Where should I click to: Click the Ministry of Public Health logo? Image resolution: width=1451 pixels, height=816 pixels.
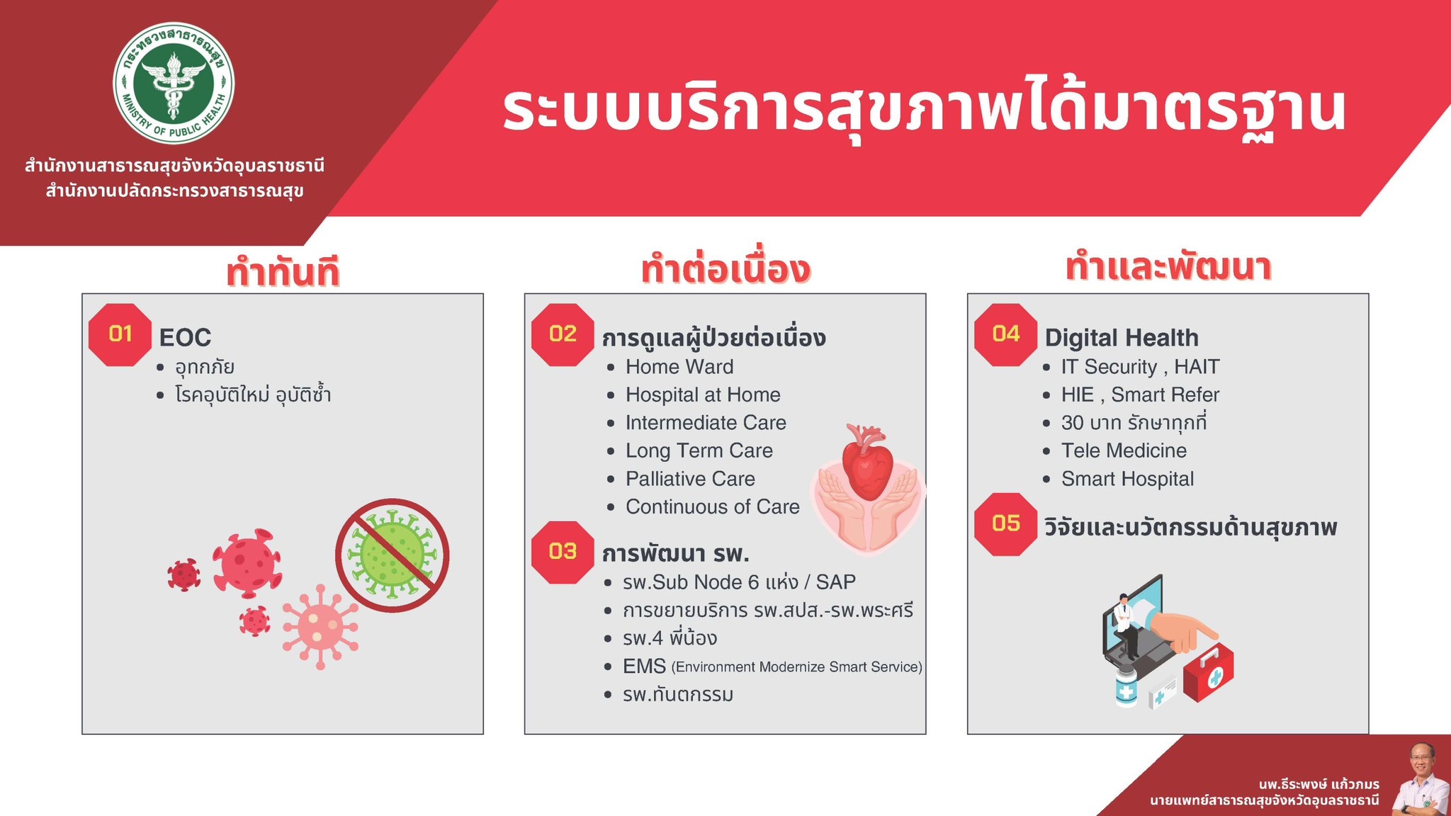[x=174, y=84]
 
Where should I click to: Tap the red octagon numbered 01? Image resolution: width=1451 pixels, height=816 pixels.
[x=120, y=334]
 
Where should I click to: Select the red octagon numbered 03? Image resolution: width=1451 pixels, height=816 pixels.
[x=563, y=552]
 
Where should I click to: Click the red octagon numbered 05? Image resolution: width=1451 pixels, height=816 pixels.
[x=1006, y=524]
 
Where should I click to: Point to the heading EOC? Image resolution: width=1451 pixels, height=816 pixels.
[x=185, y=338]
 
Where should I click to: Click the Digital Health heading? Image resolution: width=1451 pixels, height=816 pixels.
[x=1122, y=338]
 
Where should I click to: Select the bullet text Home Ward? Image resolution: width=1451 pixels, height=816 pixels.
[x=679, y=367]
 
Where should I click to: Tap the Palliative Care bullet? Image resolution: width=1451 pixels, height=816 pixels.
[x=690, y=479]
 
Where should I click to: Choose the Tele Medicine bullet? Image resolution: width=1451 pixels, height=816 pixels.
[x=1124, y=450]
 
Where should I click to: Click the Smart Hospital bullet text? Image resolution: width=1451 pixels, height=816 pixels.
[x=1127, y=479]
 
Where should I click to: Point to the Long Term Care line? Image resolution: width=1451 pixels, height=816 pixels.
[x=699, y=450]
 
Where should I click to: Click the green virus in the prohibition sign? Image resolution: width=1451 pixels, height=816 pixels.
[x=392, y=555]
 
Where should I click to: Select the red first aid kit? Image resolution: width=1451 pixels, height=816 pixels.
[x=1209, y=672]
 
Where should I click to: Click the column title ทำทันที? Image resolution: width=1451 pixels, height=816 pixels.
[x=283, y=273]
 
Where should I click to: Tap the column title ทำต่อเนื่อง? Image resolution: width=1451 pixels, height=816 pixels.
[x=725, y=270]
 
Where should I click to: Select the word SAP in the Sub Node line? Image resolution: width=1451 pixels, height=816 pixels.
[x=836, y=582]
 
